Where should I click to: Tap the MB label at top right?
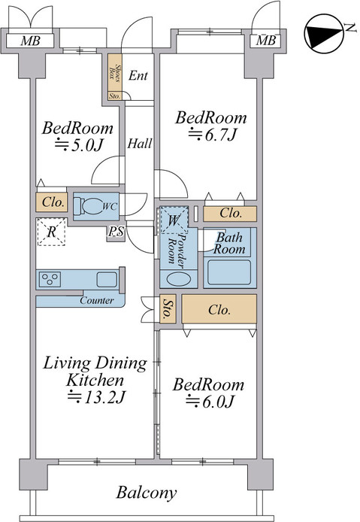(265, 40)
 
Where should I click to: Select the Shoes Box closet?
(115, 72)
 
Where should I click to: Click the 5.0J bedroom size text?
(77, 146)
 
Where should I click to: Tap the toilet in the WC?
(95, 206)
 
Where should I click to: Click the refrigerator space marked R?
(51, 232)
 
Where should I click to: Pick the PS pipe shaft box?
(116, 232)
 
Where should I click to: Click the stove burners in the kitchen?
(51, 280)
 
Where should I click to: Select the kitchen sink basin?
(106, 280)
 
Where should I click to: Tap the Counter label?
(96, 301)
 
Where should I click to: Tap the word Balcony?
(147, 493)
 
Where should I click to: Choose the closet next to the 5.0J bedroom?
(51, 202)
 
